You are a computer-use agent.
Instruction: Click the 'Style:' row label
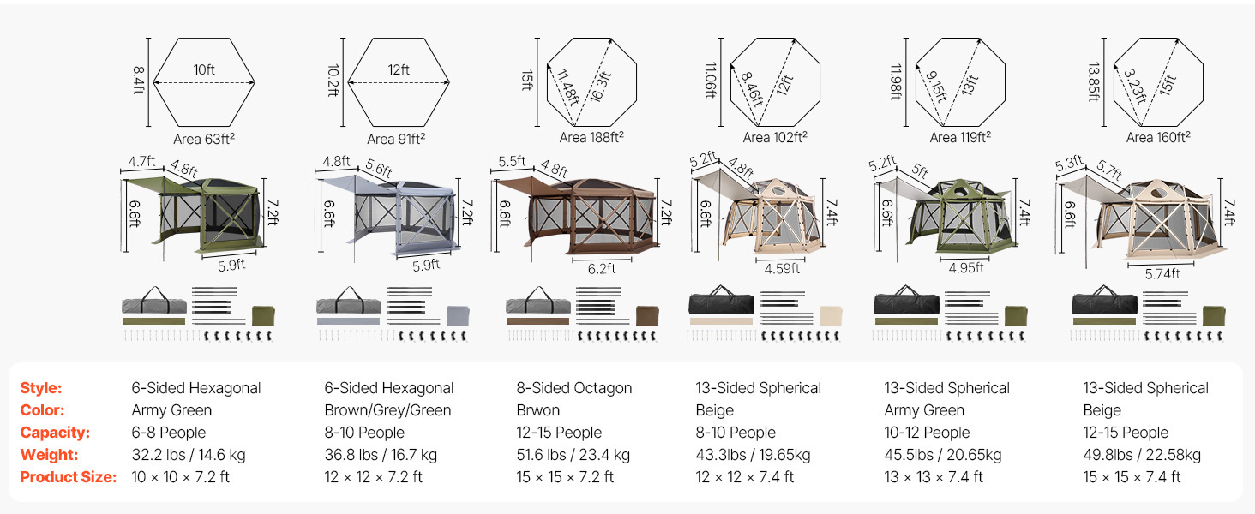coord(41,388)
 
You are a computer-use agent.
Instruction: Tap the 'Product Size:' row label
coord(69,477)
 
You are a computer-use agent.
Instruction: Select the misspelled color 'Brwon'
coord(537,410)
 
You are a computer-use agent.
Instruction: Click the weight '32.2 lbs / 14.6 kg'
coord(189,455)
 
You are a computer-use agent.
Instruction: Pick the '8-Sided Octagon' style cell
coord(574,388)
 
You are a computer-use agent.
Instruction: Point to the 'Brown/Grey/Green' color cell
coord(387,410)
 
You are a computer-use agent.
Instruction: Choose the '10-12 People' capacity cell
coord(927,433)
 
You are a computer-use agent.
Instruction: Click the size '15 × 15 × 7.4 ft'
coord(1132,477)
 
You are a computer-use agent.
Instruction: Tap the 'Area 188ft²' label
coord(591,137)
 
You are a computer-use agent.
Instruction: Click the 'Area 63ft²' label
coord(204,139)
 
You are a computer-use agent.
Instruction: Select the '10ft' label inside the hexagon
coord(204,69)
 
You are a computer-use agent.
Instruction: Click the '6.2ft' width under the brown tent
coord(602,269)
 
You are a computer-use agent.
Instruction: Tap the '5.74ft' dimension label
coord(1162,274)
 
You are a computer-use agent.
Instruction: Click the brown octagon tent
coord(576,215)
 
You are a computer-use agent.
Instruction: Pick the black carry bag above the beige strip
coord(721,302)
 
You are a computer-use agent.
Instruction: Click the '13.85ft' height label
coord(1094,81)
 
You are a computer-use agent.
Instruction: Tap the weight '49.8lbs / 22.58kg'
coord(1142,455)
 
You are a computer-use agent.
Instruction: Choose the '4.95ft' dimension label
coord(966,267)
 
